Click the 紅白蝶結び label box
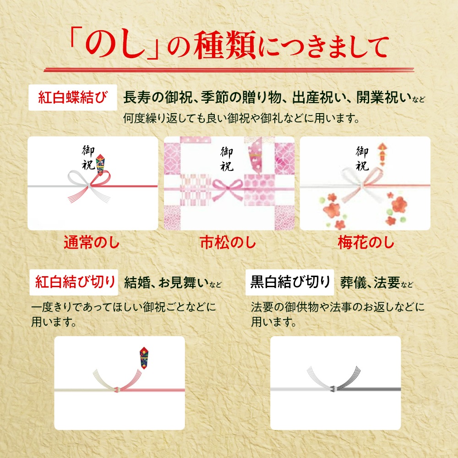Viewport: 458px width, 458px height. click(73, 97)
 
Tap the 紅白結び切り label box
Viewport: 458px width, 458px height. click(74, 282)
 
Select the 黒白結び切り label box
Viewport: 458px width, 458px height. click(290, 282)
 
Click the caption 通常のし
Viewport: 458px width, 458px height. click(92, 242)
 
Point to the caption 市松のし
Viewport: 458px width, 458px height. click(228, 242)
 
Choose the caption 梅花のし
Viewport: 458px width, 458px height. click(365, 242)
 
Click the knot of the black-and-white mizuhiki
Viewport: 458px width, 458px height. click(333, 389)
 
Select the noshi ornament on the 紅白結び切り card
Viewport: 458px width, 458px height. click(144, 358)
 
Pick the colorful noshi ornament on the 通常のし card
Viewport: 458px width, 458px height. click(100, 164)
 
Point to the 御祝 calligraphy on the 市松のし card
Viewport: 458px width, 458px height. click(227, 158)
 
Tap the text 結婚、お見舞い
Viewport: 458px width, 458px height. click(166, 283)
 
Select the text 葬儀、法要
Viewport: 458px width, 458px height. click(370, 283)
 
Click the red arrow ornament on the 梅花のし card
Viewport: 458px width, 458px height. click(382, 154)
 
